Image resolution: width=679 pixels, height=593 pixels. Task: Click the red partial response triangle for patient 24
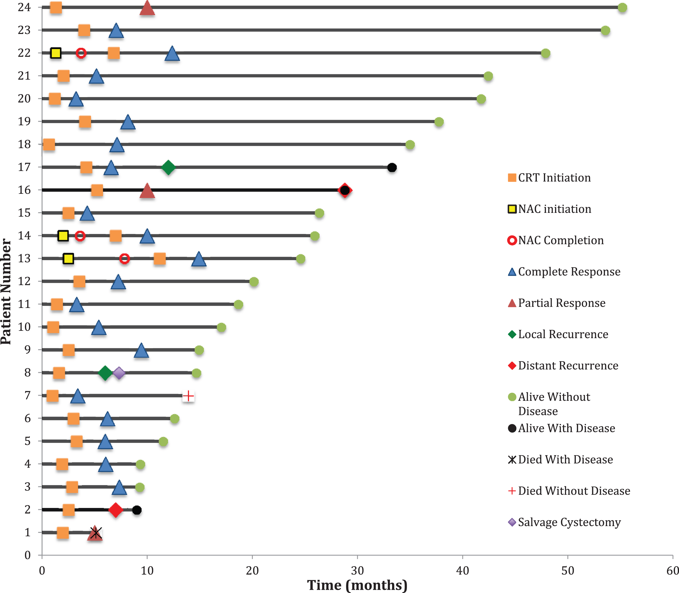point(147,8)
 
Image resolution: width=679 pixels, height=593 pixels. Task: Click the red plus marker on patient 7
point(188,396)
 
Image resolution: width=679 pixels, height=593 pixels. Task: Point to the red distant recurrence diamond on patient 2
point(116,510)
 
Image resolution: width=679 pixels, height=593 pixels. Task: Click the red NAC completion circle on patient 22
point(81,53)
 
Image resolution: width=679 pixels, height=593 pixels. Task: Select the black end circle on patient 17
point(392,168)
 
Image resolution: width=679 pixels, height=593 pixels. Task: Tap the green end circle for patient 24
point(622,8)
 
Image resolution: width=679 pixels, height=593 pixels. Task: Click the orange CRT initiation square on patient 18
point(49,145)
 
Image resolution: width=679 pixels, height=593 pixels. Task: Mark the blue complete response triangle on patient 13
point(199,259)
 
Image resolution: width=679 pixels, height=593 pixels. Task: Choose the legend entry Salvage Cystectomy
point(564,523)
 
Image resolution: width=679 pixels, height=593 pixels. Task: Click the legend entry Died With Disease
point(560,460)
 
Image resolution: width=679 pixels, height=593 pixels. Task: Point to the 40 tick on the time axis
point(463,571)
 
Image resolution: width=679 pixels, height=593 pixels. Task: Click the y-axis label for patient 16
point(24,190)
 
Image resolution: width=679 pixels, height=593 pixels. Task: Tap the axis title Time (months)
point(357,585)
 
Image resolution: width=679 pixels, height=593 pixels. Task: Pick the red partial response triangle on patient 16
point(147,191)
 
